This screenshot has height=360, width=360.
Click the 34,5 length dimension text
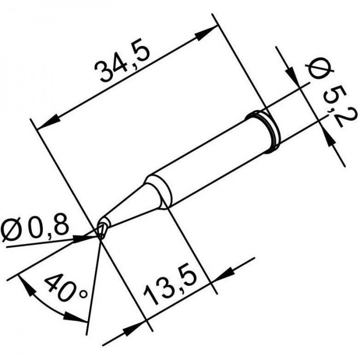(123, 62)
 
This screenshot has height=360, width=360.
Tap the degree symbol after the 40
(83, 294)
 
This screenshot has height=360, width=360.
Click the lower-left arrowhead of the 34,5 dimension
(48, 123)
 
